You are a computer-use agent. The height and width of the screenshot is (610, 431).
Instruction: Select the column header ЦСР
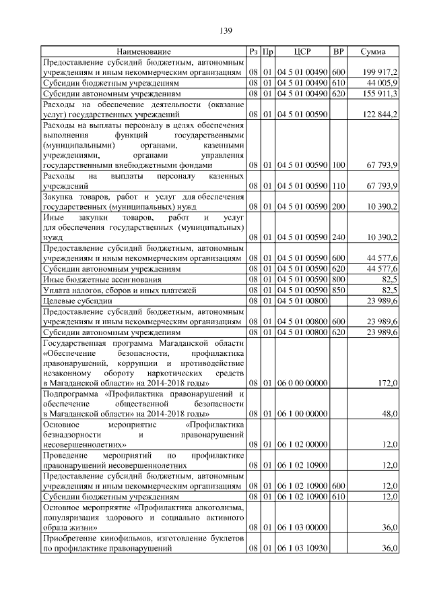coord(302,51)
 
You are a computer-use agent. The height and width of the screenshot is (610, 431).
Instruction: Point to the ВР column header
coord(339,51)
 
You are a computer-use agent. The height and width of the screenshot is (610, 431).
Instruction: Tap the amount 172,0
coord(388,383)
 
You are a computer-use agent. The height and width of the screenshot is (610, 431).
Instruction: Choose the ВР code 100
coord(339,164)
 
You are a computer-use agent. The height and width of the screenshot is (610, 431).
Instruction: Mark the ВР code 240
coord(339,237)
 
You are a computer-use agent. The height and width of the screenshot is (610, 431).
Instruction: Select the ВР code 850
coord(339,290)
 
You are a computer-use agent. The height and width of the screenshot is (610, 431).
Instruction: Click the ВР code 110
coord(339,185)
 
